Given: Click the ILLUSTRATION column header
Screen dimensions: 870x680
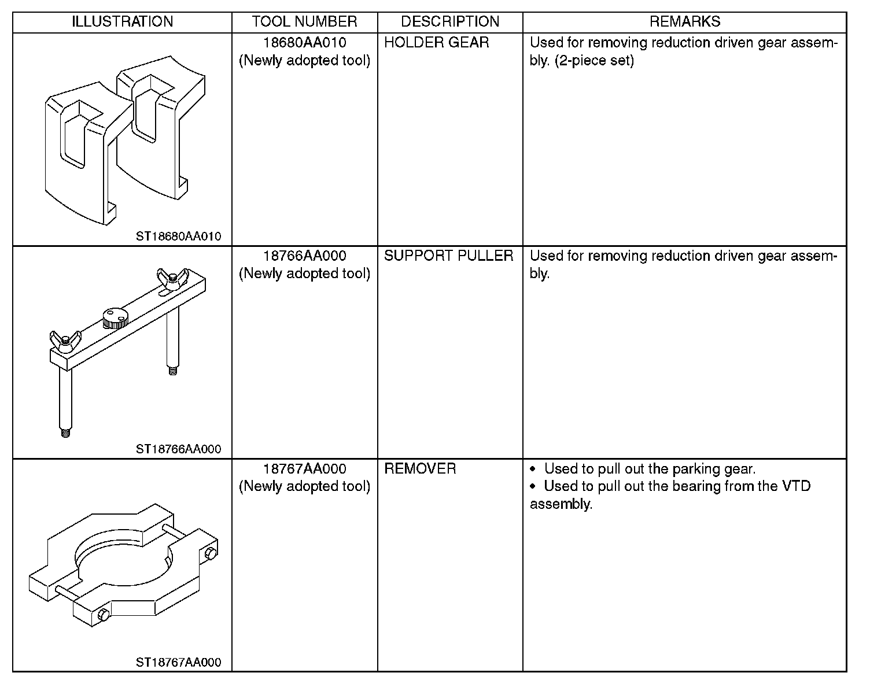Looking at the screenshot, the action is tap(122, 22).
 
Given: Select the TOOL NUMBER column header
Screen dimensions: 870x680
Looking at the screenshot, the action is tap(304, 22).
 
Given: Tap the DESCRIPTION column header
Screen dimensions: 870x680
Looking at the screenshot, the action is tap(450, 22).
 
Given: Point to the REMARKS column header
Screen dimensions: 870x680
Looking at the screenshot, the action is tap(685, 22).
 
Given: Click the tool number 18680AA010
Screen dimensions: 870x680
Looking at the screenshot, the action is tap(304, 43).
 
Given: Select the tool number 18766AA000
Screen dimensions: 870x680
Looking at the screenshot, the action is tap(304, 256).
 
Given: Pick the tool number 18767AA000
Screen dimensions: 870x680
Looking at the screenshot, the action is tap(304, 469).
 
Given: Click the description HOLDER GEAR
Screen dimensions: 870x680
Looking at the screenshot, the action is tap(436, 43).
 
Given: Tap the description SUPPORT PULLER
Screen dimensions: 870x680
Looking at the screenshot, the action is tap(448, 256).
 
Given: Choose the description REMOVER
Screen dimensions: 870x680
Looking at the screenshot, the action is tap(420, 469).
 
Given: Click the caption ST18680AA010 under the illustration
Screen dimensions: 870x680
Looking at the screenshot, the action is tap(179, 236).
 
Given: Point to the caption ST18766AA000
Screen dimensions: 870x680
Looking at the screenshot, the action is tap(179, 449).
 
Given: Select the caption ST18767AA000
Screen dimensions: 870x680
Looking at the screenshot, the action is tap(179, 663).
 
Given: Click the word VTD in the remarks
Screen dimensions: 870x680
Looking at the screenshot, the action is tap(796, 486).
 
